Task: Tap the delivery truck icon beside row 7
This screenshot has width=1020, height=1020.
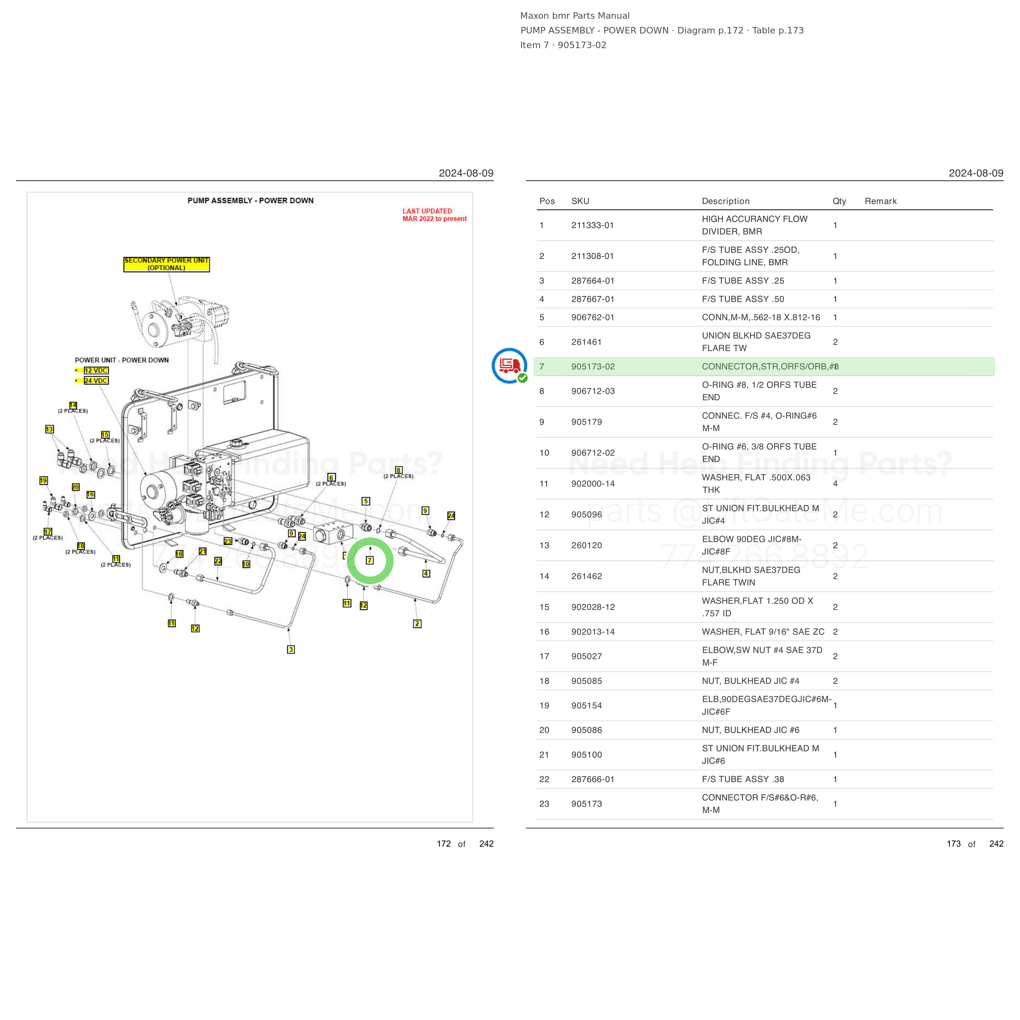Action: [510, 365]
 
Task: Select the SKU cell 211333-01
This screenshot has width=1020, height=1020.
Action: [592, 226]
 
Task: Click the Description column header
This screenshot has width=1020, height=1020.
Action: [725, 201]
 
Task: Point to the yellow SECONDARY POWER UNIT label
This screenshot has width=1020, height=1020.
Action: [166, 264]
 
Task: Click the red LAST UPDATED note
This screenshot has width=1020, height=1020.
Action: [435, 215]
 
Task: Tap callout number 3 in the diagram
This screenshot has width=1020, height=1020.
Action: [291, 650]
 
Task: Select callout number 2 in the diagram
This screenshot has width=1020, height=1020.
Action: [417, 623]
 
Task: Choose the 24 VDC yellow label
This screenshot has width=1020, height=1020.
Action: [96, 381]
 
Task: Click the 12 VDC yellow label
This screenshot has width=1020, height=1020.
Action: [96, 370]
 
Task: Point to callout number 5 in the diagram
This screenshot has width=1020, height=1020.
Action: [366, 501]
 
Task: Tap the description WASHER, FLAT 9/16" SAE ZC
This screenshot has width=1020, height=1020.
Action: [763, 632]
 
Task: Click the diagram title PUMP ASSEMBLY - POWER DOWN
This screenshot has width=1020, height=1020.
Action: [250, 201]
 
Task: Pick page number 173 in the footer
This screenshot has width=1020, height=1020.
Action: [953, 844]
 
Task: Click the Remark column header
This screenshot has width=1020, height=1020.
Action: [880, 201]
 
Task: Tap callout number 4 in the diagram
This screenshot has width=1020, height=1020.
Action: [426, 573]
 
